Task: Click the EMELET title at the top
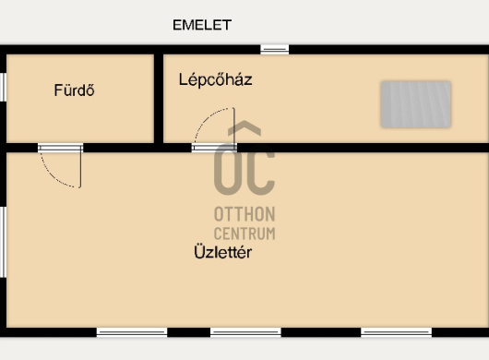point(202,25)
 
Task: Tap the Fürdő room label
point(74,90)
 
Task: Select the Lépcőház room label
point(216,79)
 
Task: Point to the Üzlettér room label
point(222,252)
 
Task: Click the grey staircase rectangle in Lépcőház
point(416,104)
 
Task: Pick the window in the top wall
point(275,49)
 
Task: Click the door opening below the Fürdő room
point(61,148)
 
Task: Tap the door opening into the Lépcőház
point(214,148)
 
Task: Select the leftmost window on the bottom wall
point(132,332)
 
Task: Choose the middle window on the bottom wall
point(245,332)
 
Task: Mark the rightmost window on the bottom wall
point(397,332)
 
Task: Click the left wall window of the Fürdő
point(3,87)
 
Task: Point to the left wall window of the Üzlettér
point(3,242)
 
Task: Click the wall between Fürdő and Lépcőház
point(159,99)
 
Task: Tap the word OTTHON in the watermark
point(244,214)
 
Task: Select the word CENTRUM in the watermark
point(244,234)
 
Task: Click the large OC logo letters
point(244,170)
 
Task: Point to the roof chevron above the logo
point(244,128)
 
